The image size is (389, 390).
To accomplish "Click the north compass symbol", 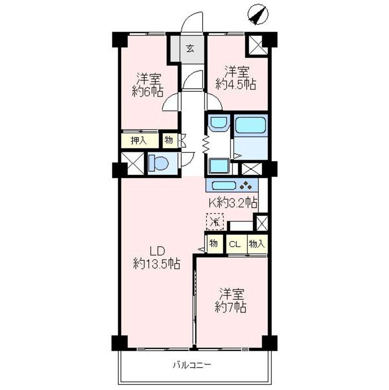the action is (258, 15).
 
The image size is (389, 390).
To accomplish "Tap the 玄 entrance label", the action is (190, 48).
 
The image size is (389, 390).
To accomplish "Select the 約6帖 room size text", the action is (147, 92).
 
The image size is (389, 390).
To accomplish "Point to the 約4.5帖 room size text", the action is (236, 84).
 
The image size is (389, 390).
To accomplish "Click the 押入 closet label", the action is (139, 141).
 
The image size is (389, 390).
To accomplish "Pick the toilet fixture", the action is (158, 163).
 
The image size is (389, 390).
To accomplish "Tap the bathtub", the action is (250, 125).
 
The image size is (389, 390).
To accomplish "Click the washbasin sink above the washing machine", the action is (218, 123).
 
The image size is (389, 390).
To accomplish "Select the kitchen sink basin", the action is (224, 186).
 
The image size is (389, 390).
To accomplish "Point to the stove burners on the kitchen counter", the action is (246, 186).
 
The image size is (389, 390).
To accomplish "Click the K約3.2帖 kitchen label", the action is (233, 203).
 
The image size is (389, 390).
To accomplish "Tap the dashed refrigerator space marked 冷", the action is (215, 222).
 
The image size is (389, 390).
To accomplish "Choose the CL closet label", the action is (235, 244).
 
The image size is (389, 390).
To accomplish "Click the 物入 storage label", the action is (257, 244).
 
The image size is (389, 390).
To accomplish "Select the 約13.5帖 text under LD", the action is (157, 264).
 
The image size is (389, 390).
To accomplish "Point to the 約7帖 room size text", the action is (231, 307).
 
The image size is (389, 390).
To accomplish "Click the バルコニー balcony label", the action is (192, 365).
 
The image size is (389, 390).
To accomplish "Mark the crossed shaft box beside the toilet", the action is (133, 163).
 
